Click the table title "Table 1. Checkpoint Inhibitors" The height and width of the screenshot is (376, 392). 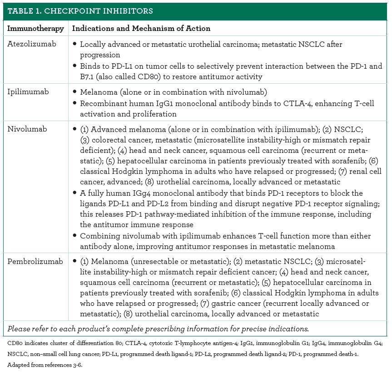click(x=80, y=11)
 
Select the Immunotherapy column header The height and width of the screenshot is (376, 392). click(x=35, y=28)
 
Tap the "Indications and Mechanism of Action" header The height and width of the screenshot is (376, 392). click(x=141, y=28)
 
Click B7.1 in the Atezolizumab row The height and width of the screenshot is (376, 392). click(x=89, y=76)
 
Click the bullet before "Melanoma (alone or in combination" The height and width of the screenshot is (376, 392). click(x=75, y=92)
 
